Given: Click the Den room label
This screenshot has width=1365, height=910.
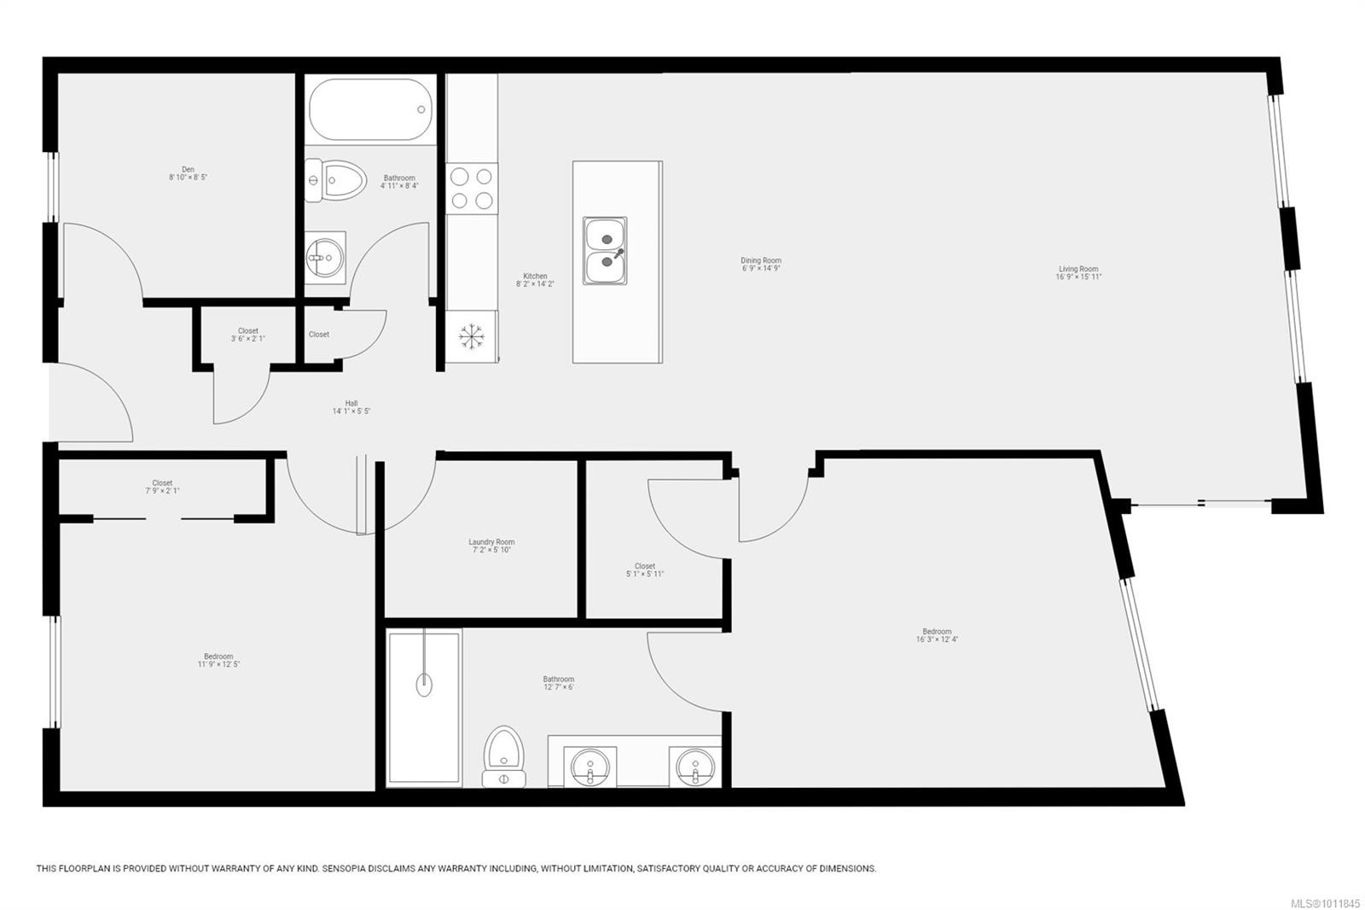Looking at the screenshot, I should (188, 173).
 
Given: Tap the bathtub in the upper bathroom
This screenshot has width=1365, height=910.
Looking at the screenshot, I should (370, 109).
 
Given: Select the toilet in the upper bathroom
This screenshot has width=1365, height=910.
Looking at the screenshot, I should (336, 180).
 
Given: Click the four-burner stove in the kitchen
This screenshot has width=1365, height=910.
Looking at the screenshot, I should (472, 188).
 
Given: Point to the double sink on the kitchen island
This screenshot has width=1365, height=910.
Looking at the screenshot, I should (605, 249).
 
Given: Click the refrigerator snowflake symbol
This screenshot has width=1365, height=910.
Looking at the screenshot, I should (470, 335).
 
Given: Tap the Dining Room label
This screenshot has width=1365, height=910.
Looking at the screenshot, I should (761, 264).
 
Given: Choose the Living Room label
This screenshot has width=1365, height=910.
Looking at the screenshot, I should (1078, 272).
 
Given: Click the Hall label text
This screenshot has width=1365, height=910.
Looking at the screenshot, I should (351, 407).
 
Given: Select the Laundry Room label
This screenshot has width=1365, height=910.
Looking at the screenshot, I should (491, 545).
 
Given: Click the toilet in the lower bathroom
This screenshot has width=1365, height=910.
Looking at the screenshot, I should (503, 755).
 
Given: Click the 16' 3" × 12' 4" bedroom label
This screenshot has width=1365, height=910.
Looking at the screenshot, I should (937, 635).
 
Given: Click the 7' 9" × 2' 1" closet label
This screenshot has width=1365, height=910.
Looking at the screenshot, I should (162, 487).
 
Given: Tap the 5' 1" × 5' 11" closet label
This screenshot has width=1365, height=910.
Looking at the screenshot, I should (645, 569).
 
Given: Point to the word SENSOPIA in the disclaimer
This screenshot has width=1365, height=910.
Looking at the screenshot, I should (347, 868).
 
